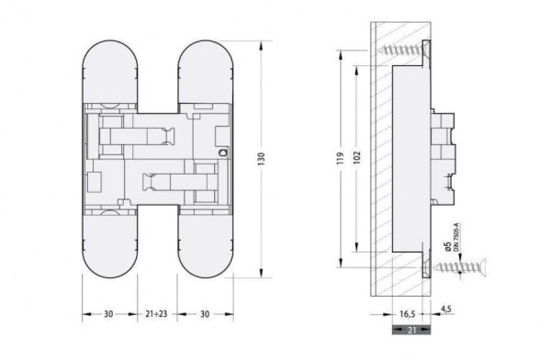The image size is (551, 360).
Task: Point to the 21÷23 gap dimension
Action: pyautogui.click(x=155, y=313)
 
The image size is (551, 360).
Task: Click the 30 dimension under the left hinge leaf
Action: pyautogui.click(x=107, y=313)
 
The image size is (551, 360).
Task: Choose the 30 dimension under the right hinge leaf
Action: pyautogui.click(x=203, y=313)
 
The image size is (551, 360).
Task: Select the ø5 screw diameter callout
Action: pyautogui.click(x=445, y=244)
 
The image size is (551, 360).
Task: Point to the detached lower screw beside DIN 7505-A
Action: pyautogui.click(x=464, y=268)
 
